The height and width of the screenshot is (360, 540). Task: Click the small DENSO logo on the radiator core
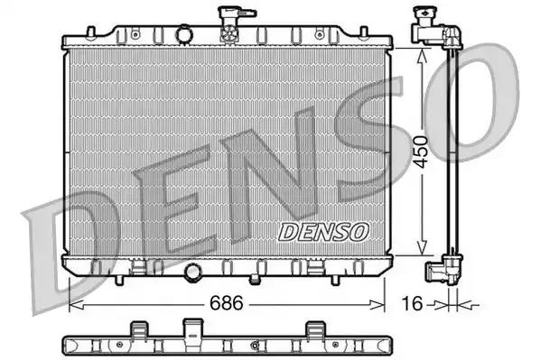[323, 232]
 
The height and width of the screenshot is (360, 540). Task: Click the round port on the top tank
[185, 34]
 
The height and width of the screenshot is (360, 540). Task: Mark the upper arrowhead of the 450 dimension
[422, 53]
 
